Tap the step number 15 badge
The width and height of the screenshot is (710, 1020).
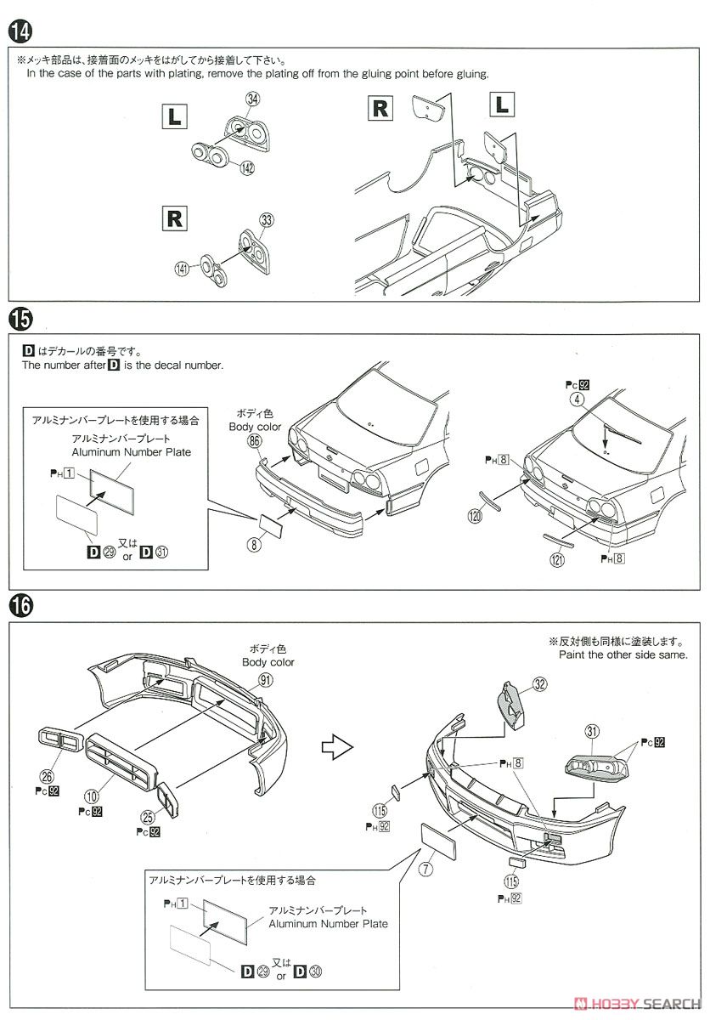pyautogui.click(x=20, y=320)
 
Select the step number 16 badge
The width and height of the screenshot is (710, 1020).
pyautogui.click(x=20, y=606)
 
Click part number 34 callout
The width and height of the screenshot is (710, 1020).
pyautogui.click(x=251, y=99)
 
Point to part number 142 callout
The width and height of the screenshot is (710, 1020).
pyautogui.click(x=246, y=168)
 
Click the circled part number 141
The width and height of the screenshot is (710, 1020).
pyautogui.click(x=181, y=269)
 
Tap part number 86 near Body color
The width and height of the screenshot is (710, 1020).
pyautogui.click(x=255, y=441)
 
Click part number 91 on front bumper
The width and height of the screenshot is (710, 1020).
pyautogui.click(x=267, y=679)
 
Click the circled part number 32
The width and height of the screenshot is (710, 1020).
pyautogui.click(x=540, y=684)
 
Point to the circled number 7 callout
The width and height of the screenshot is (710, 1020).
pyautogui.click(x=425, y=869)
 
